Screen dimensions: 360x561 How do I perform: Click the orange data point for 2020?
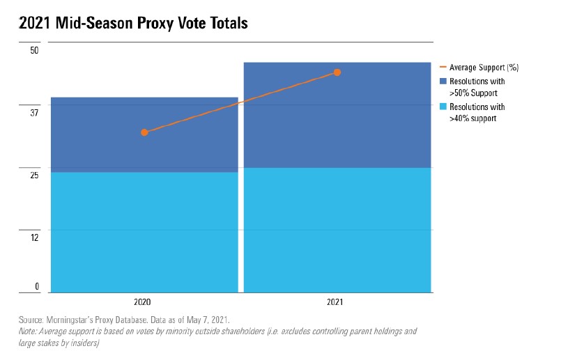coord(144,132)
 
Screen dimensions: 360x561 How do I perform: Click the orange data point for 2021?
coord(337,72)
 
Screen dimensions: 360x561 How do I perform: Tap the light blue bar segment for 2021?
coord(337,230)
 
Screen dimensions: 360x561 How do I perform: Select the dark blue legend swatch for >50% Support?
coord(443,81)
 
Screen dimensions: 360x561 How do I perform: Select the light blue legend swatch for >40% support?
coord(443,107)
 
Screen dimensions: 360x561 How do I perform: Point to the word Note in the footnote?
coord(28,331)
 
